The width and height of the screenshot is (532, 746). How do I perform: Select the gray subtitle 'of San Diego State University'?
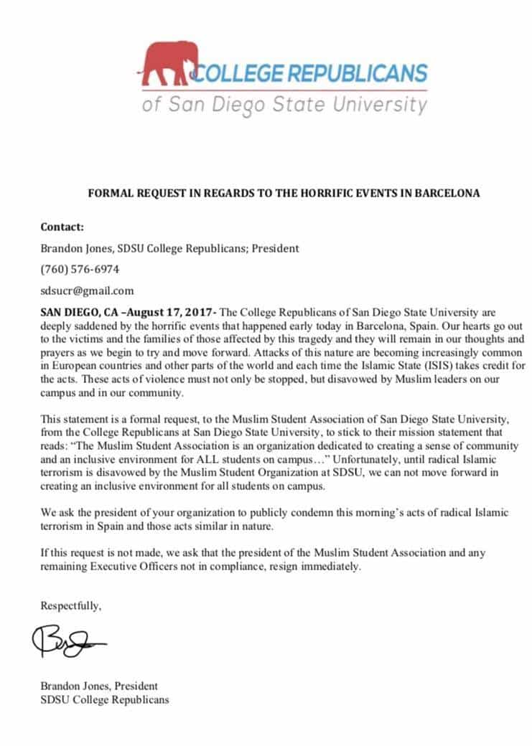tap(284, 105)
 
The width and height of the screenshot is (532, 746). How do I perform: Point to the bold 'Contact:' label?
tap(62, 227)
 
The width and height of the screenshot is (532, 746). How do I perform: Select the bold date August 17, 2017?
tap(177, 312)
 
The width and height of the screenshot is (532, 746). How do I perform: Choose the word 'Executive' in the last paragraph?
tap(111, 566)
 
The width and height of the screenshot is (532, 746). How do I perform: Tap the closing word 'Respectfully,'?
tap(71, 605)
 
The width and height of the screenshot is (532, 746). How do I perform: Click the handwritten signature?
tap(68, 642)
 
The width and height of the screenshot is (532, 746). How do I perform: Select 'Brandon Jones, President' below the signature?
tap(99, 685)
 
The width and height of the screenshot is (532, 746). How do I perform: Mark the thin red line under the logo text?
tap(284, 91)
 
